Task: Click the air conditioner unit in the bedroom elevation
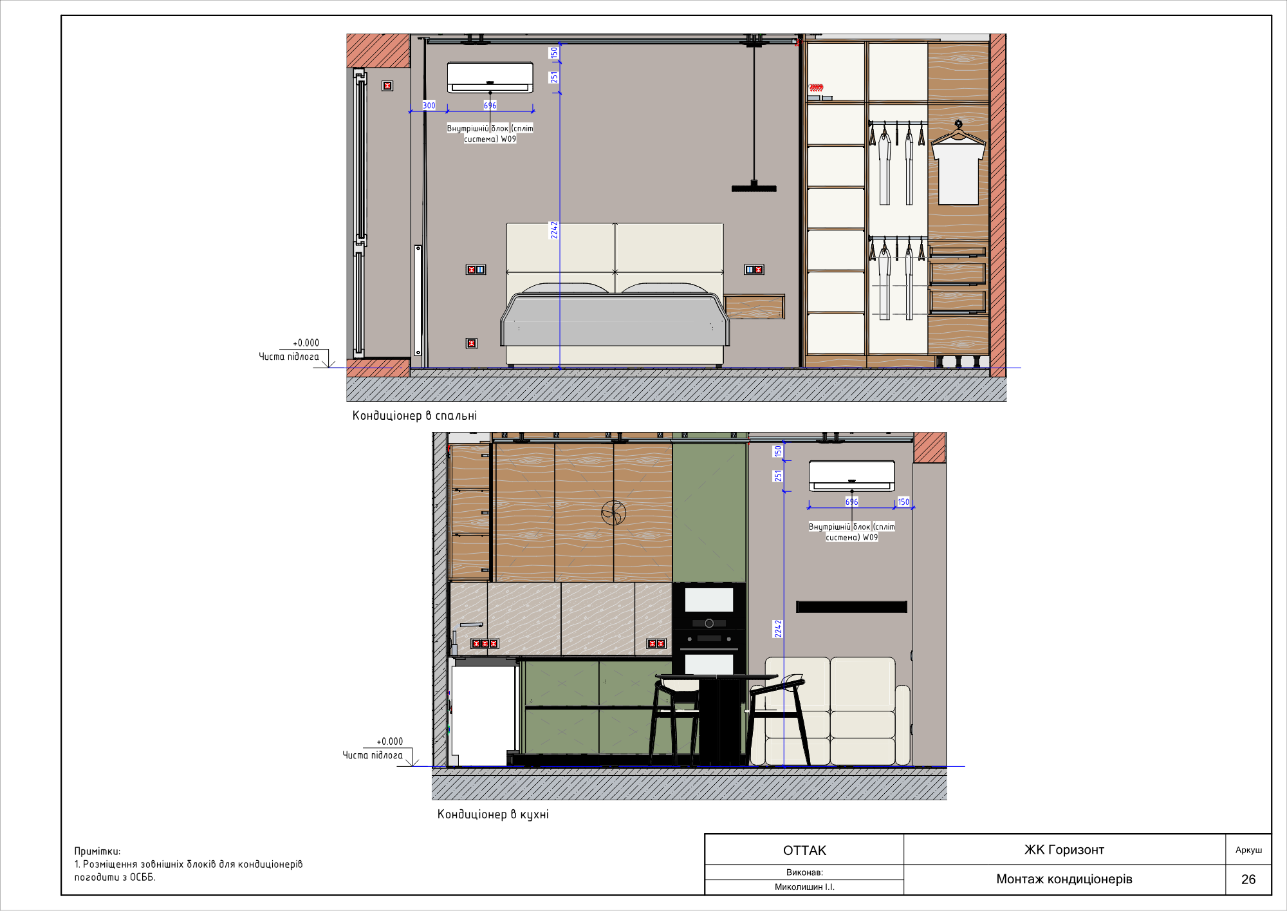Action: pyautogui.click(x=490, y=77)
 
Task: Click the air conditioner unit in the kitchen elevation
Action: pyautogui.click(x=851, y=476)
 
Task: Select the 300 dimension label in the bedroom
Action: pyautogui.click(x=429, y=106)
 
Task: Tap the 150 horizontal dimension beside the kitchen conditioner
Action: pyautogui.click(x=903, y=502)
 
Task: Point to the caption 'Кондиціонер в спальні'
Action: pyautogui.click(x=414, y=416)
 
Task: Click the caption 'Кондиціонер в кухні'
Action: pyautogui.click(x=493, y=814)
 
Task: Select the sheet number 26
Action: pyautogui.click(x=1248, y=879)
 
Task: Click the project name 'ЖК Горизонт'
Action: pyautogui.click(x=1064, y=850)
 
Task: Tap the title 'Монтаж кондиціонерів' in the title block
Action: pyautogui.click(x=1064, y=879)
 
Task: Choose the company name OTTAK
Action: pyautogui.click(x=804, y=850)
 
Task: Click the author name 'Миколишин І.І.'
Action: pyautogui.click(x=804, y=887)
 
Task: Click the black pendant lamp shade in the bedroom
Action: pyautogui.click(x=754, y=189)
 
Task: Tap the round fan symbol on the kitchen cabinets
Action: pyautogui.click(x=613, y=513)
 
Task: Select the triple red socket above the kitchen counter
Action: pyautogui.click(x=485, y=644)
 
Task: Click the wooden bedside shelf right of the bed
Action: pyautogui.click(x=754, y=307)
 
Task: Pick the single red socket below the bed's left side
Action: pyautogui.click(x=472, y=344)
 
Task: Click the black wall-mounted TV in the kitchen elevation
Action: pyautogui.click(x=851, y=606)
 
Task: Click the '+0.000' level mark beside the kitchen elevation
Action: pyautogui.click(x=390, y=742)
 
